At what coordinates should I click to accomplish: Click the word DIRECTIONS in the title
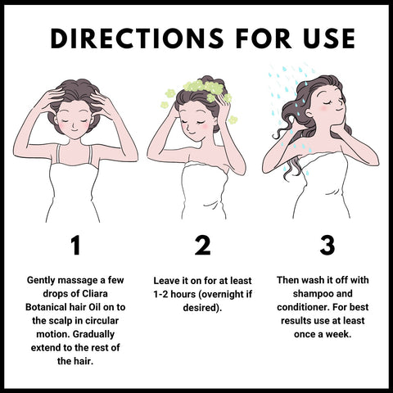tap(137, 38)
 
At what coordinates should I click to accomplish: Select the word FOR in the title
tap(264, 38)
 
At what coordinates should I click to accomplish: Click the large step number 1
tap(75, 245)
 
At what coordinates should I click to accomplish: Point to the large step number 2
tap(202, 245)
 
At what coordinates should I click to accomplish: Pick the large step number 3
tap(327, 245)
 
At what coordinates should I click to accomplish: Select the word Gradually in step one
tap(93, 335)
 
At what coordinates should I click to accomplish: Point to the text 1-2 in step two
tap(160, 295)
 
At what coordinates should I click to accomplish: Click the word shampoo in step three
tap(312, 294)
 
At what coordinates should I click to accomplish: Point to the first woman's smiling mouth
tap(74, 130)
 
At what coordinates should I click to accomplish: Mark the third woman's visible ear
tap(309, 113)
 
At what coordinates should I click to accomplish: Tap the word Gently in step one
tap(41, 281)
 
